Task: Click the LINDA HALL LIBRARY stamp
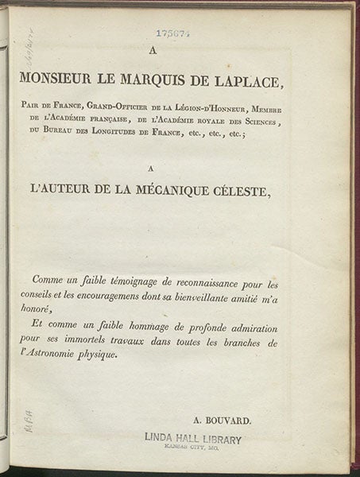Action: click(194, 439)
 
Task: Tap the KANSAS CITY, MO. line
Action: click(194, 449)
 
